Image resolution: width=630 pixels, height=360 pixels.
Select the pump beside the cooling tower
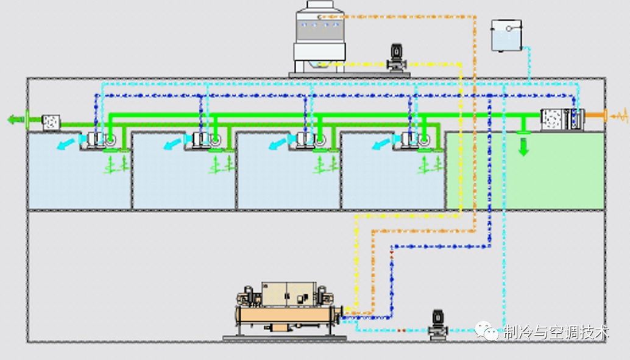tap(397, 58)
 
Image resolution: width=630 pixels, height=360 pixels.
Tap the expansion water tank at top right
tap(506, 35)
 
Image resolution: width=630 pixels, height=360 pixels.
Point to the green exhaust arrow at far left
tap(16, 119)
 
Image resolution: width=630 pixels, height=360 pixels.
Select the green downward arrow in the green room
tap(523, 147)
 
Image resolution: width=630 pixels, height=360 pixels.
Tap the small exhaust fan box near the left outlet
tap(50, 122)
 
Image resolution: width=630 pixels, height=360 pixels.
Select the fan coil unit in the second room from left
tap(205, 139)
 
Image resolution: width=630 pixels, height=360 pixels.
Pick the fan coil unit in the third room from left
tap(309, 139)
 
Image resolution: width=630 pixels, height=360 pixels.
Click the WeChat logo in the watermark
tap(488, 331)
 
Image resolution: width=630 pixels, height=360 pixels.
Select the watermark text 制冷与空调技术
tap(556, 333)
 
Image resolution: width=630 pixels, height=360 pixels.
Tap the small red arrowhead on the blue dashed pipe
tap(392, 252)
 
